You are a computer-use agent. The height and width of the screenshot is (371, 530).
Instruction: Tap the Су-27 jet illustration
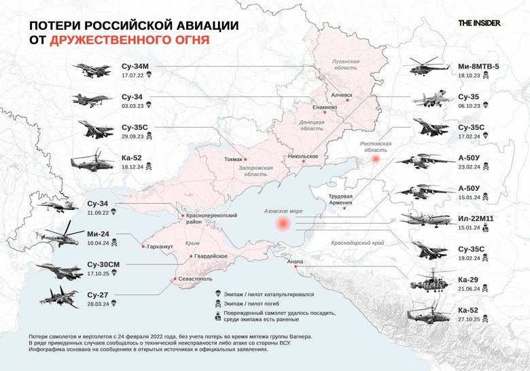coord(59,296)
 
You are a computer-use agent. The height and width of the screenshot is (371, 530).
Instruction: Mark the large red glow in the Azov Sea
coord(281,226)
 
